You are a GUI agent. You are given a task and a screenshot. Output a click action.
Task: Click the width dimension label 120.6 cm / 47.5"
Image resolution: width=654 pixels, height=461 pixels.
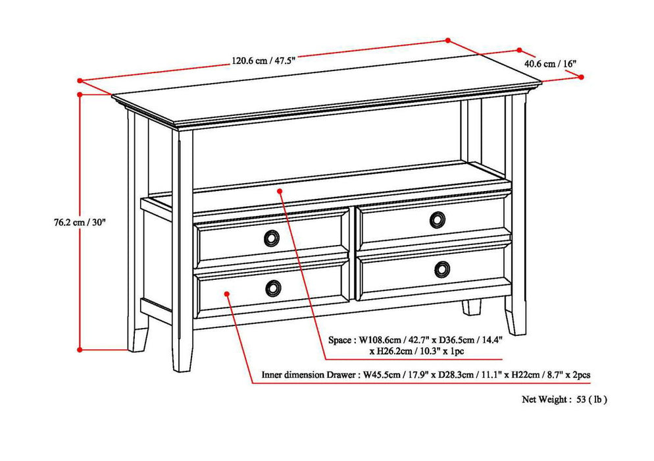coord(263,61)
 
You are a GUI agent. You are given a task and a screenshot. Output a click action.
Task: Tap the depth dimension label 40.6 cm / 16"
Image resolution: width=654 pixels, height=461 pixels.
coord(550,64)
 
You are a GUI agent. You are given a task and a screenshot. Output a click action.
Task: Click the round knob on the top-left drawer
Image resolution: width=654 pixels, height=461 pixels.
coord(272,238)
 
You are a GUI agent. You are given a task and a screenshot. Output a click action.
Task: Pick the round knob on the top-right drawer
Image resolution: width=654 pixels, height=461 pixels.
coord(438,220)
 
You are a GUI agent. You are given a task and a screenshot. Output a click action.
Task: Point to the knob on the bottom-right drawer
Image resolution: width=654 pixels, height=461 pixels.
coord(442,269)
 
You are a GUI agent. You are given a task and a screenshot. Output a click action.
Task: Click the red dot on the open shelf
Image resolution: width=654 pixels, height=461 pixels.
coord(280,191)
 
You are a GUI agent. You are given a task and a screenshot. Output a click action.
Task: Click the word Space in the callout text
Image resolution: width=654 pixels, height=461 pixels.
coord(340,340)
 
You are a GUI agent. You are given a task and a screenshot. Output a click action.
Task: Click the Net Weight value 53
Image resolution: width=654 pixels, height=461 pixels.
coord(580,399)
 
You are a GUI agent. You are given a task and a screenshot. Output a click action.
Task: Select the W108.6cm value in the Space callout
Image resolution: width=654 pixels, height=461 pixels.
coord(382,340)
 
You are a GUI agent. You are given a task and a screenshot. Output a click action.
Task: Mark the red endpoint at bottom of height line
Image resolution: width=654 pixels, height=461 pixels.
coord(80,349)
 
